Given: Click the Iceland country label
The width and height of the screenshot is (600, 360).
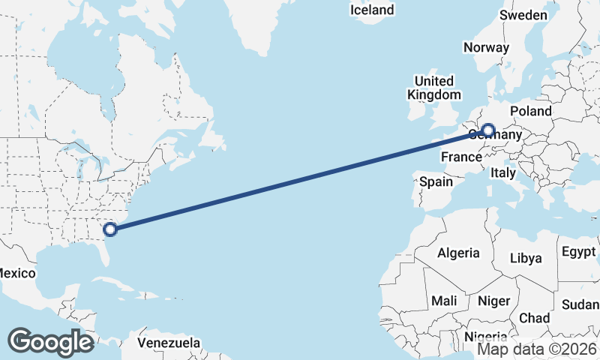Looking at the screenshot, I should [372, 10].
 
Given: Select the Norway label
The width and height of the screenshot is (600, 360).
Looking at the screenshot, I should [486, 47].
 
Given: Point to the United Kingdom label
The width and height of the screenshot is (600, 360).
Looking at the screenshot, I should [434, 88].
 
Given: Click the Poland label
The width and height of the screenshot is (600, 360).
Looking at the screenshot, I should [530, 111].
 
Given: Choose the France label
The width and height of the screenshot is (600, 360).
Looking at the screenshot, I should [460, 157].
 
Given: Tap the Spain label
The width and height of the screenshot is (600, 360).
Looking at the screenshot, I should [436, 181].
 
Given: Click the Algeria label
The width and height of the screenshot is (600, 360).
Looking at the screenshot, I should [458, 253].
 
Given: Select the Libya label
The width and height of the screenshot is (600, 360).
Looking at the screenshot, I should [525, 258].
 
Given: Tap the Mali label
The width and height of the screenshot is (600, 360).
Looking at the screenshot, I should [444, 301].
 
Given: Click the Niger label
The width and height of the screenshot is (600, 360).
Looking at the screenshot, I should [493, 301].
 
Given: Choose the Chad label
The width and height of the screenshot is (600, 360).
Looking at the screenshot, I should [533, 318].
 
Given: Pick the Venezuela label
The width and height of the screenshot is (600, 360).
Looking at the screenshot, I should [169, 343].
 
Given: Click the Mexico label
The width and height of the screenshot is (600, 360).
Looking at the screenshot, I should [16, 273].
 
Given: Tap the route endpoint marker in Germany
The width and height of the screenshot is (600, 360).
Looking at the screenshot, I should [488, 130].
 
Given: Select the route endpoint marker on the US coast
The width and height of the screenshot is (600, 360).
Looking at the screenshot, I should [111, 229].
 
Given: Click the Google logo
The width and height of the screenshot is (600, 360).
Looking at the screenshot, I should [50, 341].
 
